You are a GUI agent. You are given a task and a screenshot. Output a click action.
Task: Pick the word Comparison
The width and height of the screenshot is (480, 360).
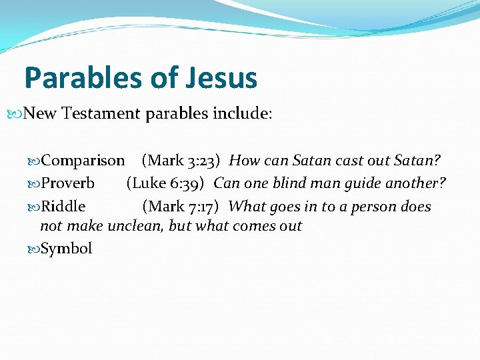point(83,161)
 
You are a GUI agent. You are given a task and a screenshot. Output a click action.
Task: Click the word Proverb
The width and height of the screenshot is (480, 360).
point(68,183)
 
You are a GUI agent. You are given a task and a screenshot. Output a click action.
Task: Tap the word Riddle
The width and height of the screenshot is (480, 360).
point(63,207)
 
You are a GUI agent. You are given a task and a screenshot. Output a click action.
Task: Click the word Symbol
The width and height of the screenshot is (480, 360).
point(67,249)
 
